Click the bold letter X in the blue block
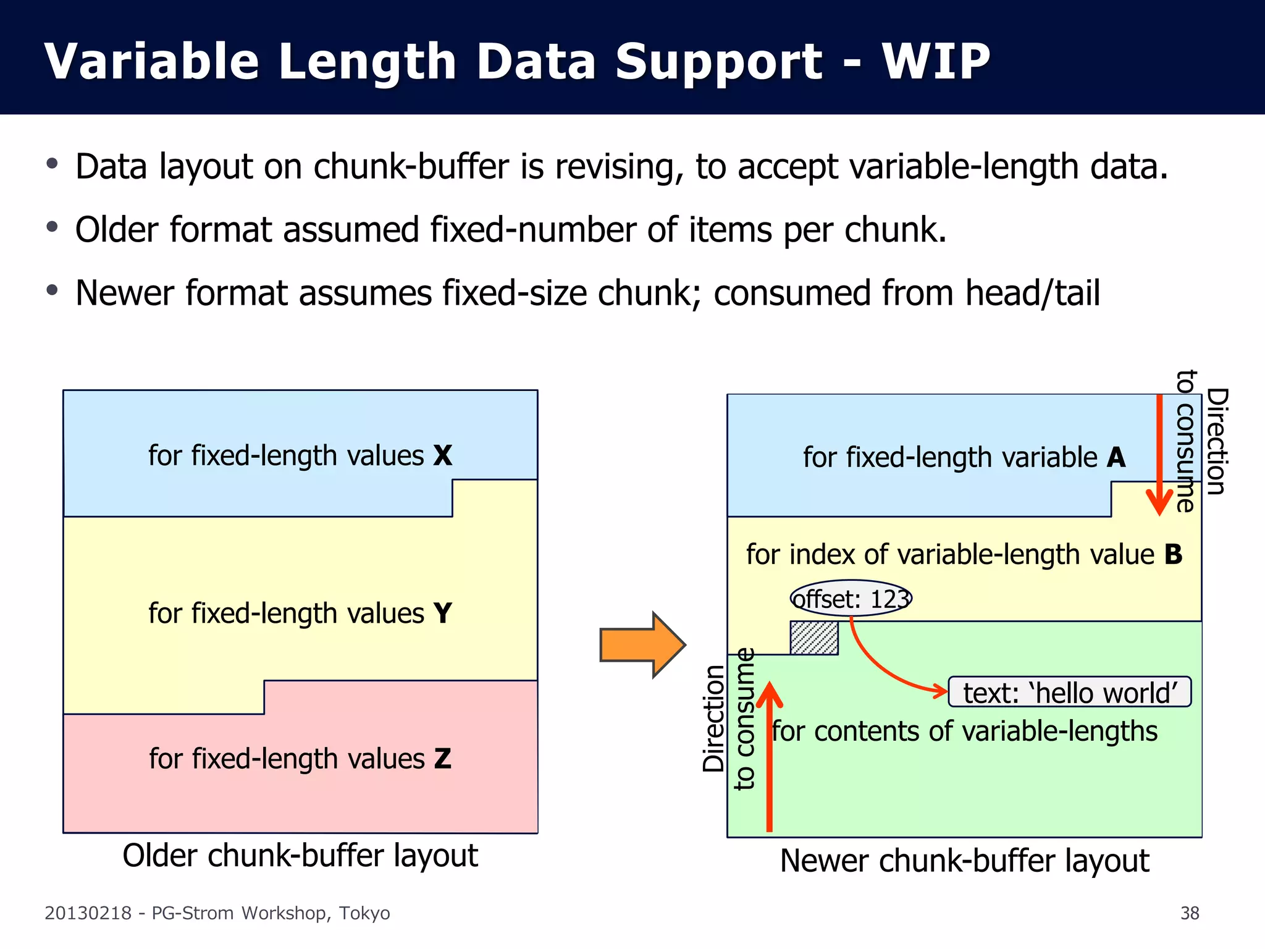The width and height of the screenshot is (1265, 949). [x=442, y=456]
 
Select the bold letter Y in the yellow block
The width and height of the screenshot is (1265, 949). [x=442, y=614]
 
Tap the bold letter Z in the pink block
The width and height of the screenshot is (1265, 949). [x=442, y=759]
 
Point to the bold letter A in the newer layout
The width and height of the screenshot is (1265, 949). [x=1116, y=458]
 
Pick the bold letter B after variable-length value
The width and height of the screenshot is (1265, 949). [x=1173, y=554]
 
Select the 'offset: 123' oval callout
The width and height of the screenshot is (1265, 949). [x=851, y=598]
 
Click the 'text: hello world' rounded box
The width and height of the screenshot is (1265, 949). [x=1069, y=692]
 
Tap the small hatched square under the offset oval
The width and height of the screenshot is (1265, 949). [x=814, y=638]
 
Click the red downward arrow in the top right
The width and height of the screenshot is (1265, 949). [x=1159, y=457]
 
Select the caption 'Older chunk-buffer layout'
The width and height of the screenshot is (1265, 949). [x=300, y=856]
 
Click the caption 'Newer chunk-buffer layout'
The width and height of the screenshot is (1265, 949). [x=964, y=861]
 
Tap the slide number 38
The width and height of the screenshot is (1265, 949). [x=1189, y=913]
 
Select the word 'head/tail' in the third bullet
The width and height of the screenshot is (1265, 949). [x=1032, y=293]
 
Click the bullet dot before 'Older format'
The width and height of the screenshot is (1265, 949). [x=53, y=227]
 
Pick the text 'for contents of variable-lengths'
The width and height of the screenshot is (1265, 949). [x=964, y=732]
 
